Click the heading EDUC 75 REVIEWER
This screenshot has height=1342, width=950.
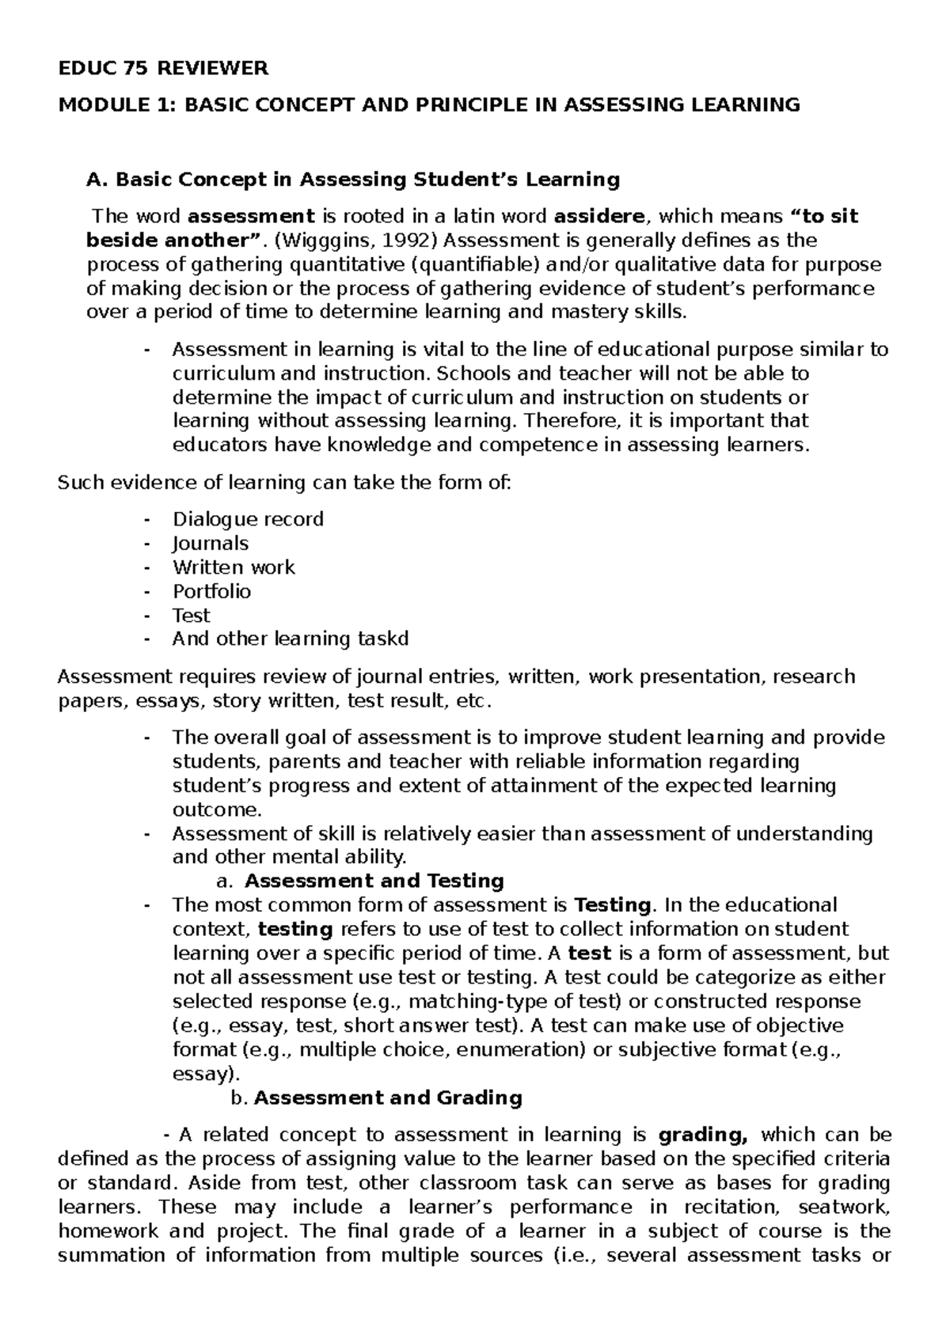tap(163, 69)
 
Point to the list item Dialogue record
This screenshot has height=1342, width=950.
tap(248, 519)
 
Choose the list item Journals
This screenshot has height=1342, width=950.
tap(211, 544)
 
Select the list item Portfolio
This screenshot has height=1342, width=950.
tap(211, 591)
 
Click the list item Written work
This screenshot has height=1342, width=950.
tap(234, 567)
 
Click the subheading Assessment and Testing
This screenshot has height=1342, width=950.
tap(374, 881)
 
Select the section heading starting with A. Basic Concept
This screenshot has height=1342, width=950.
tap(352, 180)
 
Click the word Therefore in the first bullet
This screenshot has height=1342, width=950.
tap(571, 420)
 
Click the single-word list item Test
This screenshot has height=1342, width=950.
tap(191, 615)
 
